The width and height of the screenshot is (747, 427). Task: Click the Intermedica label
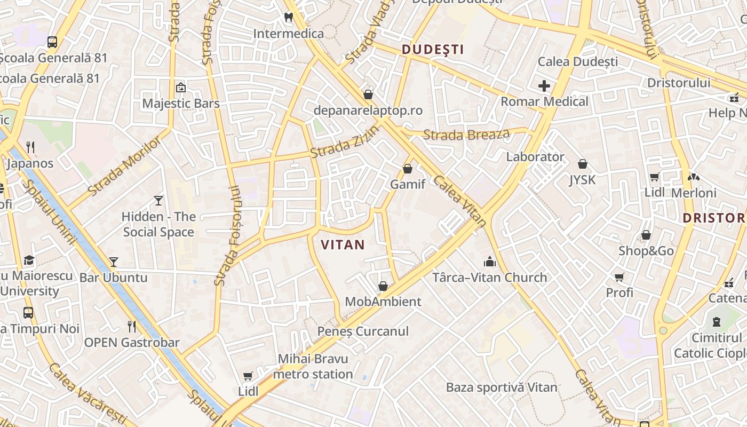click(288, 34)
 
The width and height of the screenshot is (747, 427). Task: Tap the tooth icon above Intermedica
click(289, 17)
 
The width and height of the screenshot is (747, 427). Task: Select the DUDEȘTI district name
click(432, 50)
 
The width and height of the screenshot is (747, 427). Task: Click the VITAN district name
click(343, 245)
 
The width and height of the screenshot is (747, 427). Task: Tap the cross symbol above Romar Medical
click(544, 86)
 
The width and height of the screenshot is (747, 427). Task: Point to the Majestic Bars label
click(181, 103)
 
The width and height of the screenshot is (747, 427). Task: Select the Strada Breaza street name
click(466, 135)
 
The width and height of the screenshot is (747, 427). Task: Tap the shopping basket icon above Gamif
click(408, 169)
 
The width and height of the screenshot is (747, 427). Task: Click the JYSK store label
click(582, 180)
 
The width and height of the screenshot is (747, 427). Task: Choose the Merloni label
click(694, 193)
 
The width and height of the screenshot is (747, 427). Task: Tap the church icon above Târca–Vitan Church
click(489, 262)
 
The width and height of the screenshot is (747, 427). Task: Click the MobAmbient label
click(383, 302)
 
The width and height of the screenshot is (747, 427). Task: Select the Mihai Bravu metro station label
click(313, 366)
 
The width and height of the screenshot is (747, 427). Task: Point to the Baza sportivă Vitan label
click(502, 388)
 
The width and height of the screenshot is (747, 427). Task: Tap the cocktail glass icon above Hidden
click(158, 201)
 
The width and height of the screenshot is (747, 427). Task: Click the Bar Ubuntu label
click(113, 278)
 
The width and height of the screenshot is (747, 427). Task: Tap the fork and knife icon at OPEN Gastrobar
click(132, 326)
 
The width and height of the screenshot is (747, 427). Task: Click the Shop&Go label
click(646, 251)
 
